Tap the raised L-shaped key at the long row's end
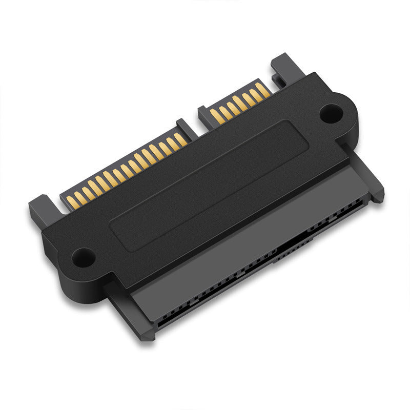[x=182, y=126]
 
